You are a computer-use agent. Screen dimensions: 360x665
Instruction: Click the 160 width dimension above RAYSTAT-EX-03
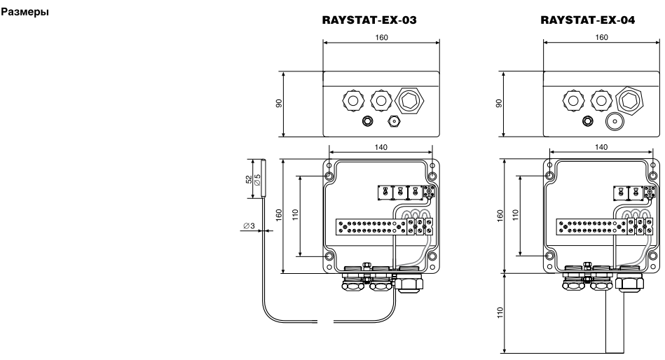click(381, 36)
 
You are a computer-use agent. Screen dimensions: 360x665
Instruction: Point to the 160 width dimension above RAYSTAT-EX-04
click(601, 36)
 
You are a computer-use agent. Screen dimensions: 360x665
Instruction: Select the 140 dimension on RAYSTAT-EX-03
click(381, 148)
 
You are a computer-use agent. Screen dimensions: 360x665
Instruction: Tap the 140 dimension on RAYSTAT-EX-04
click(601, 148)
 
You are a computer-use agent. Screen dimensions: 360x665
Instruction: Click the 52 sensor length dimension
click(250, 180)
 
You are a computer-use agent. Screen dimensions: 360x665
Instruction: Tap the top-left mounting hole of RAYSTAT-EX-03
click(329, 174)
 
